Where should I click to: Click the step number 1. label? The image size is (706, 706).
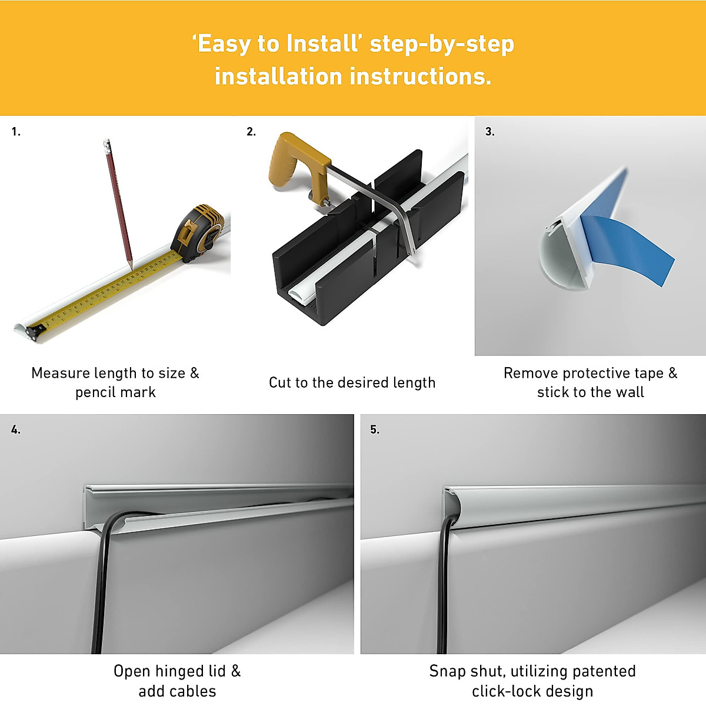pos(16,132)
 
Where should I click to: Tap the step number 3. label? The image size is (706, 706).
pos(489,132)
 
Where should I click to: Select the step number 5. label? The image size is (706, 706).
pos(375,429)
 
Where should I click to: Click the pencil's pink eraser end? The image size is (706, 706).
pos(106,143)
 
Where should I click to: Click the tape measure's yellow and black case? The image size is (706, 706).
pos(197,232)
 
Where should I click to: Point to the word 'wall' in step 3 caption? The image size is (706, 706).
pos(629,392)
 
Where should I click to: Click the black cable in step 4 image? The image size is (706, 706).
pos(98,588)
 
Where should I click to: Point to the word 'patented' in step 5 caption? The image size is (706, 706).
pos(604,671)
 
